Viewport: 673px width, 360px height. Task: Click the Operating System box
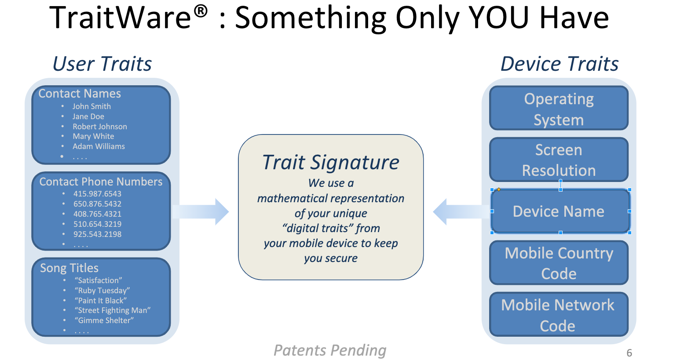pyautogui.click(x=559, y=109)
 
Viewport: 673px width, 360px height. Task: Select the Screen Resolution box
pyautogui.click(x=559, y=160)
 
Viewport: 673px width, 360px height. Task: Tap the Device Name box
pyautogui.click(x=559, y=211)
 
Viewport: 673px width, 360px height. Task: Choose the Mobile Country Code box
pyautogui.click(x=559, y=263)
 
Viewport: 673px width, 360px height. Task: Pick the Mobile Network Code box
pyautogui.click(x=559, y=315)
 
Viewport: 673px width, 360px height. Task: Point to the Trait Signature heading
pyautogui.click(x=331, y=162)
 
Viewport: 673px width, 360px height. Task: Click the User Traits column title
pyautogui.click(x=102, y=64)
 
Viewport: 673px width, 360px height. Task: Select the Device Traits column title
pyautogui.click(x=560, y=64)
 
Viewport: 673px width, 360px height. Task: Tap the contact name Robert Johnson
pyautogui.click(x=100, y=127)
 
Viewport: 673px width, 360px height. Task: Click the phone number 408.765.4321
pyautogui.click(x=97, y=214)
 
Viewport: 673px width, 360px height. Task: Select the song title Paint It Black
pyautogui.click(x=101, y=301)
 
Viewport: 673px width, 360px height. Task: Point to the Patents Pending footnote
pyautogui.click(x=330, y=350)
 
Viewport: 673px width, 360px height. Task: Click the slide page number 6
pyautogui.click(x=629, y=353)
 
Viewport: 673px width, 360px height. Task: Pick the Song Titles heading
pyautogui.click(x=69, y=268)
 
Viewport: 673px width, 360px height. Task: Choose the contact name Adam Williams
pyautogui.click(x=99, y=146)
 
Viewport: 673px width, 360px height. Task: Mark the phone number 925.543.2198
pyautogui.click(x=97, y=234)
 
